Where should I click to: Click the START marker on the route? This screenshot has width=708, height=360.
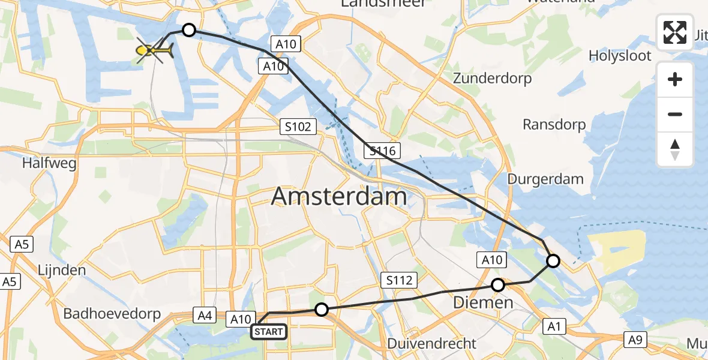coord(268,332)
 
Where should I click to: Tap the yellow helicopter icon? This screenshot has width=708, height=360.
coord(155,52)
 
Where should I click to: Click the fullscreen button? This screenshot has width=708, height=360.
coord(675,32)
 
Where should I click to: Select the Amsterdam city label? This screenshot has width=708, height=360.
coord(339,196)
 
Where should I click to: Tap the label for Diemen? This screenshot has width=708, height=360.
coord(484,302)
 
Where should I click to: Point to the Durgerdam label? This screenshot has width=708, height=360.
coord(545,179)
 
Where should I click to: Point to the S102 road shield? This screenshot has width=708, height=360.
coord(298,127)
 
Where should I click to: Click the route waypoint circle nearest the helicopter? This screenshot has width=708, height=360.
coord(189,30)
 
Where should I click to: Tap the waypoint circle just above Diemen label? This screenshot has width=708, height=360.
coord(498,285)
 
